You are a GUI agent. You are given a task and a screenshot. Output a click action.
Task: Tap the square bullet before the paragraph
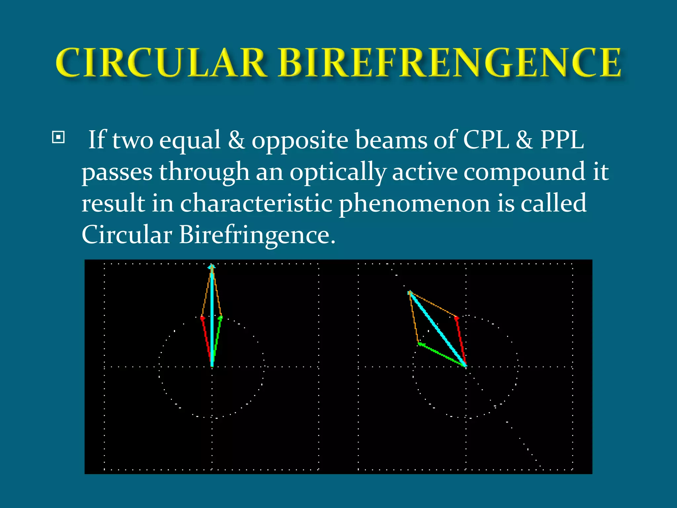[x=59, y=137]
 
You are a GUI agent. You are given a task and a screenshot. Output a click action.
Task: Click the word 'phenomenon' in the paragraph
[x=415, y=204]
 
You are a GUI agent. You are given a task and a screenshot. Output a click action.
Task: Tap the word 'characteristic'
[x=256, y=203]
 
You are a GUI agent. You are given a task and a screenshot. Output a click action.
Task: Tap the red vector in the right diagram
[x=461, y=341]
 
